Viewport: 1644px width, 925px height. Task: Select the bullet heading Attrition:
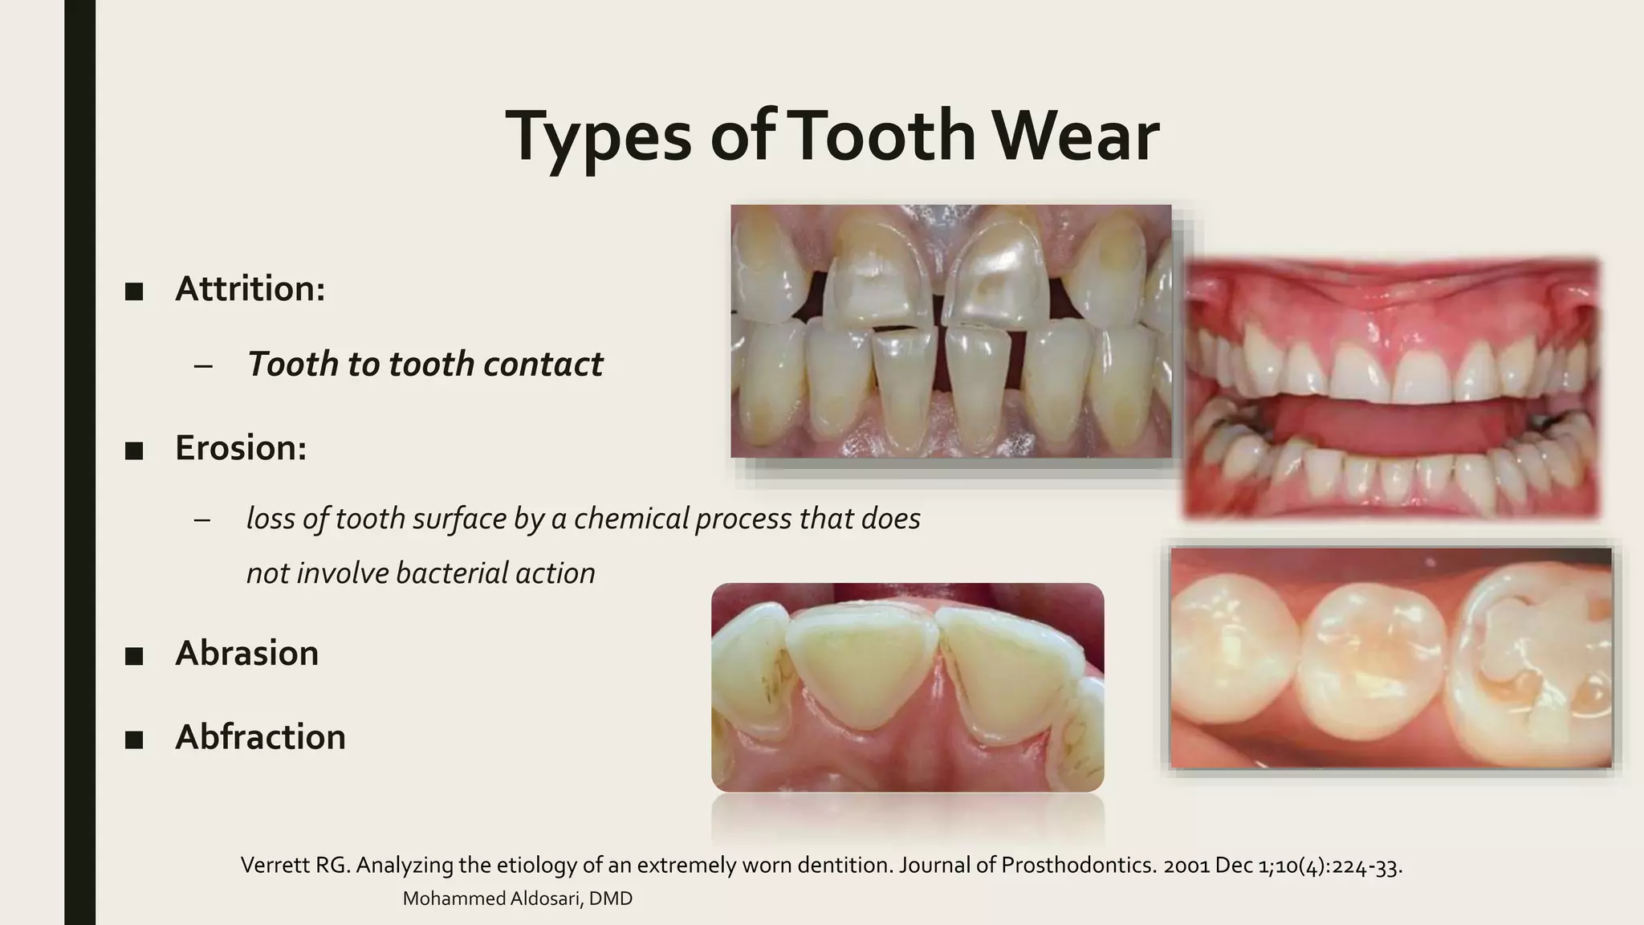[x=250, y=288]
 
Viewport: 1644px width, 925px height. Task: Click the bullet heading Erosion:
[x=241, y=447]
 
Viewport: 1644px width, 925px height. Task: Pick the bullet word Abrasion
[x=246, y=653]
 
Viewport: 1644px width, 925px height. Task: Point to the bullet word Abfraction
[x=260, y=736]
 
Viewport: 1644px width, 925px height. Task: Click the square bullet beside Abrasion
[x=134, y=655]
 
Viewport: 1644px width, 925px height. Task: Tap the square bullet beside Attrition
[x=134, y=291]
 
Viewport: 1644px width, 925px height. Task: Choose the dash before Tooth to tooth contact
[x=203, y=365]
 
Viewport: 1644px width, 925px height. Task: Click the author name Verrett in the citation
[x=271, y=866]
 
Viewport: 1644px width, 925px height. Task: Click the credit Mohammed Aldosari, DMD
[x=517, y=899]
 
